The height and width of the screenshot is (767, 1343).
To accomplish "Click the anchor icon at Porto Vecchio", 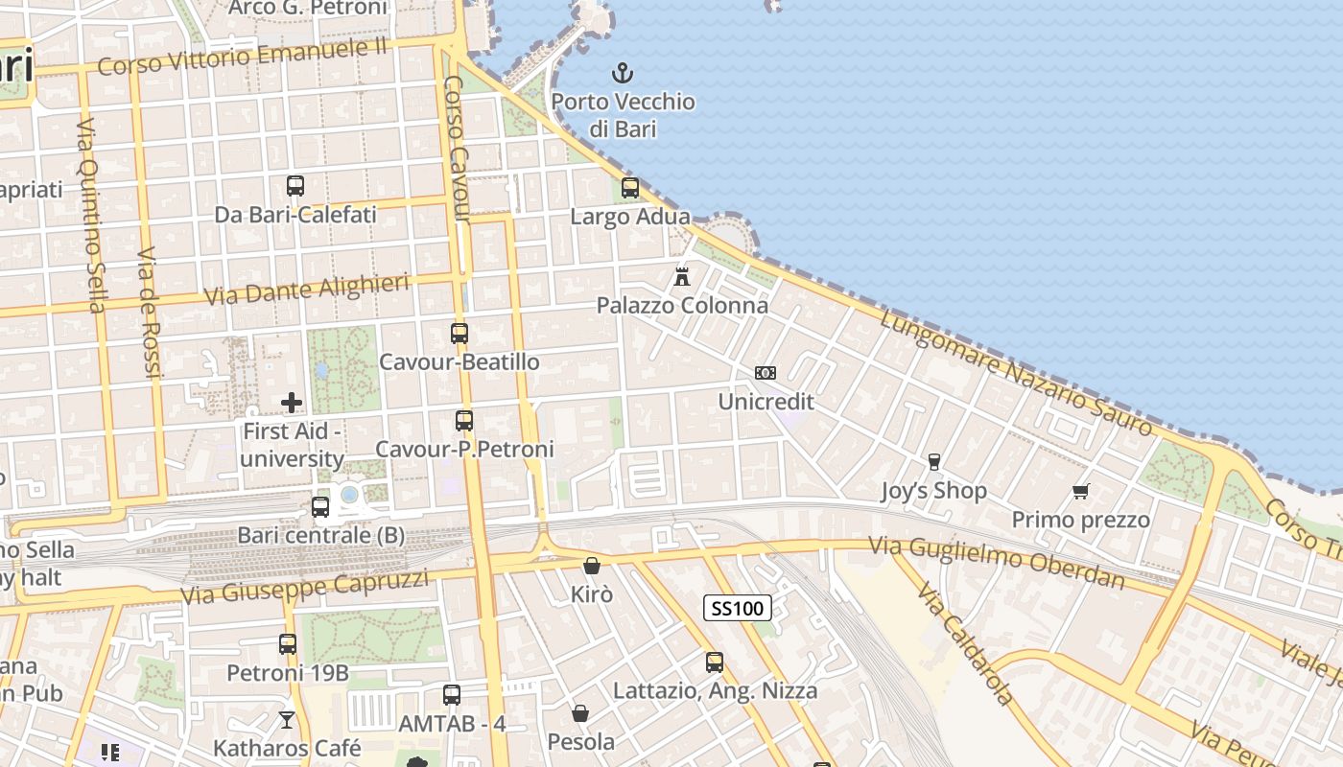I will pos(624,72).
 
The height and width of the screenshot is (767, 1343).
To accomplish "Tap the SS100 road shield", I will pos(738,608).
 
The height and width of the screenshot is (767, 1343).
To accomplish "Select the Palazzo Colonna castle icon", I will pos(682,277).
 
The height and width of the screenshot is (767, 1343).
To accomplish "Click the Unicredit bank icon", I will pos(766,373).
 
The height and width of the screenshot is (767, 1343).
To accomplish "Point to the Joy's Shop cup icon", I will pos(934,462).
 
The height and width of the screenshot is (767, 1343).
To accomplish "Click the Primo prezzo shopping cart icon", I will pos(1081,492).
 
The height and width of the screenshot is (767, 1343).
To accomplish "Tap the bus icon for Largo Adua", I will pos(630,188).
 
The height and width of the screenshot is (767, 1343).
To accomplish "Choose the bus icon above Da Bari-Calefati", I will pos(295,186).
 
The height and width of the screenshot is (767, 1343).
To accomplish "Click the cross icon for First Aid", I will pos(292,403).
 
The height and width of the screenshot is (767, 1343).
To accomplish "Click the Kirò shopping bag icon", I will pos(592,566).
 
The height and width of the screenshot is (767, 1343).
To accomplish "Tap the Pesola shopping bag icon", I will pos(580,713).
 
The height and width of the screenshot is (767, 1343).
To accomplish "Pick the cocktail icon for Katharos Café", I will pos(287,719).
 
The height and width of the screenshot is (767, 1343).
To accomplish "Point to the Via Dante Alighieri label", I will pos(306,289).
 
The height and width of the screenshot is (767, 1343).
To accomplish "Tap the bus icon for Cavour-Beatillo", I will pos(459,334).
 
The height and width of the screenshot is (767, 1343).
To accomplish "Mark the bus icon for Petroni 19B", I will pos(288,644).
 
